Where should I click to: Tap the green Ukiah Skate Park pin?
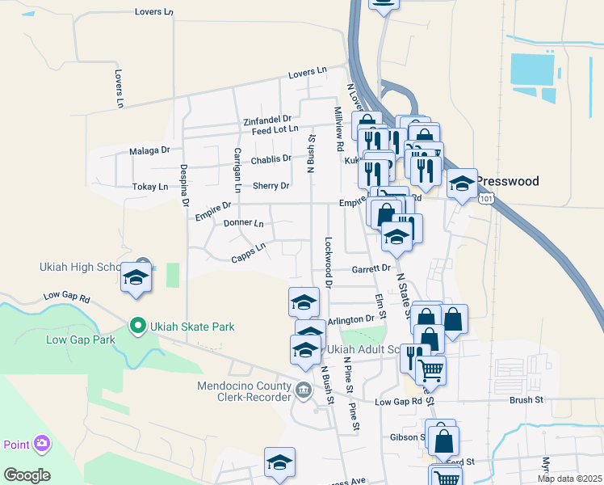click(x=137, y=327)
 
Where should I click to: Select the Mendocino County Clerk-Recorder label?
click(x=244, y=391)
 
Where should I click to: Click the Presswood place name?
click(x=506, y=181)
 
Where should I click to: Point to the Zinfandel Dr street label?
click(x=266, y=121)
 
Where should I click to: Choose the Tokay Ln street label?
click(x=150, y=187)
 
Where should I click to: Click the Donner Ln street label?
click(x=243, y=222)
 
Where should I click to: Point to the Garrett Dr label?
click(x=371, y=268)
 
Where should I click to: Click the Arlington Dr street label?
click(x=352, y=318)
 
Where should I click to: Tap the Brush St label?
click(x=526, y=399)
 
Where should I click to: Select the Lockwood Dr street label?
click(x=328, y=262)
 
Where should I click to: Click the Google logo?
click(x=27, y=474)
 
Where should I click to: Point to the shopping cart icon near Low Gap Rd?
click(x=431, y=370)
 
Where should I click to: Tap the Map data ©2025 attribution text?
click(x=569, y=479)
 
